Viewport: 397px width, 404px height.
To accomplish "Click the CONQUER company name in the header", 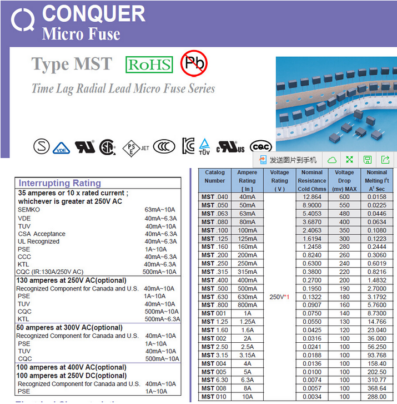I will click(x=93, y=13).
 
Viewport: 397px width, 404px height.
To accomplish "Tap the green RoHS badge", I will click(x=149, y=65).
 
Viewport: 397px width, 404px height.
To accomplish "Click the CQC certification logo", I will click(x=262, y=146).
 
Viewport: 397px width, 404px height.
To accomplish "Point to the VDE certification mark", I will click(x=61, y=147).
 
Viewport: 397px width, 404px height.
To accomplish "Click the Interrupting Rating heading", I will click(x=60, y=183).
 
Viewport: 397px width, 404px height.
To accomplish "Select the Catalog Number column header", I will click(x=215, y=176).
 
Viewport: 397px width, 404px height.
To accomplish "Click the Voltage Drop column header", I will click(x=344, y=180).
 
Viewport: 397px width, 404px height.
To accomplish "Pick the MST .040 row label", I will click(x=215, y=197).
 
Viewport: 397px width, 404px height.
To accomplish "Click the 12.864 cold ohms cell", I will click(x=312, y=197).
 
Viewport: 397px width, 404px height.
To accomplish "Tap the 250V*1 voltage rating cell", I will click(x=279, y=297).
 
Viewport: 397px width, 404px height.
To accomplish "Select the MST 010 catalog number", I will click(x=215, y=397).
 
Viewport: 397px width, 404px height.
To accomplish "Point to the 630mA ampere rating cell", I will click(x=247, y=297).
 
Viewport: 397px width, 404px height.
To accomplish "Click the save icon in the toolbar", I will click(x=367, y=160).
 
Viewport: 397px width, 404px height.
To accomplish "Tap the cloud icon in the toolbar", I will click(x=331, y=160).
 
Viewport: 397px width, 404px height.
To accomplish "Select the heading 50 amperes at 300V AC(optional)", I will click(x=69, y=328).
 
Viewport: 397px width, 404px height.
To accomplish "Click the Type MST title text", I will click(x=72, y=65).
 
